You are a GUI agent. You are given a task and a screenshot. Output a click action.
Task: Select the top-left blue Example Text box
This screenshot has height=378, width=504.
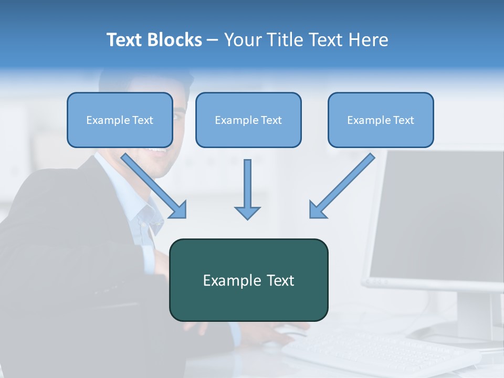120,120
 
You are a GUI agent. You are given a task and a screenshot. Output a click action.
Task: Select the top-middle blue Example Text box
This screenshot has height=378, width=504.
248,120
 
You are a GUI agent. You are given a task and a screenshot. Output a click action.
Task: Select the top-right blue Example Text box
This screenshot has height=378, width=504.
381,120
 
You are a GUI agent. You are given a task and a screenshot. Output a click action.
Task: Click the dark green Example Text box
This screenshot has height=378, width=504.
248,280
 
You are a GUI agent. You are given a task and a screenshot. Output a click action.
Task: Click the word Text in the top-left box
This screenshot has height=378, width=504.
142,120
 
